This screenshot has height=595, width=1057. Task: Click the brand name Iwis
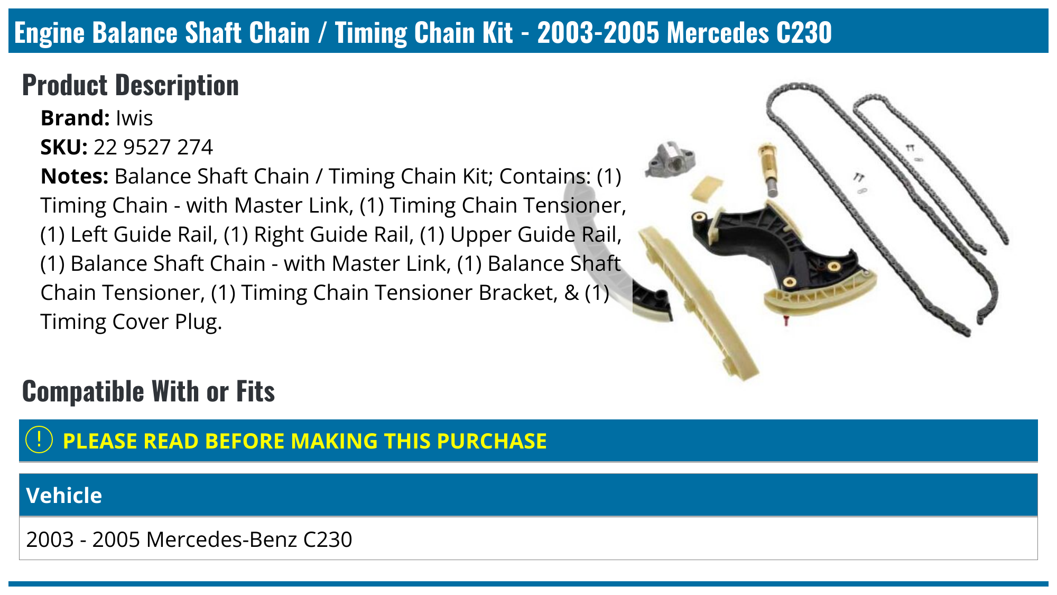tap(134, 118)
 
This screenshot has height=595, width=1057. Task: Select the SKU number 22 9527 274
tap(153, 148)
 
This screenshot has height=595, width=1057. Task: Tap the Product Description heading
tap(131, 85)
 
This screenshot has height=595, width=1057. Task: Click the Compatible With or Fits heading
tap(149, 391)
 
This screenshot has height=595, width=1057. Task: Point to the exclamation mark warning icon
tap(39, 440)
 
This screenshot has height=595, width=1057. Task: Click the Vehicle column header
tap(64, 496)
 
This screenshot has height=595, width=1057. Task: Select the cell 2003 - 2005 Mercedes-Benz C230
tap(189, 539)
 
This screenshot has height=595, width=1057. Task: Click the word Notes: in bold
tap(75, 177)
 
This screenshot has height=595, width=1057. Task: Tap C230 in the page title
tap(804, 32)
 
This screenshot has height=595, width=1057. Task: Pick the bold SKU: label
tap(64, 148)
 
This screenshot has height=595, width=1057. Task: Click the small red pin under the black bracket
tap(786, 321)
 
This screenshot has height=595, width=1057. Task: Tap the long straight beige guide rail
tap(698, 301)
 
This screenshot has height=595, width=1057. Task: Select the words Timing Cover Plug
tap(131, 322)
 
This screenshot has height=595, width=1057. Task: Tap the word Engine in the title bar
tap(50, 32)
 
